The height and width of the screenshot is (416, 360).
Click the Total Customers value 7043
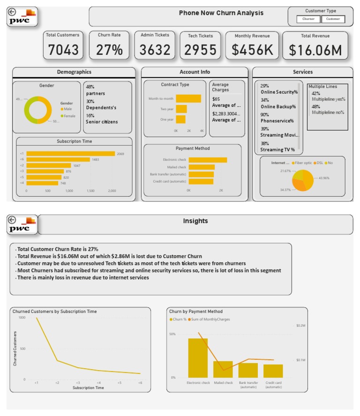point(63,50)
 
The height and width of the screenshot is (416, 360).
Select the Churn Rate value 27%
point(110,50)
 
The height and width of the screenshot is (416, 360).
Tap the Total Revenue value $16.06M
point(315,50)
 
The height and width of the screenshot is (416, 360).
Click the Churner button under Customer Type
point(308,19)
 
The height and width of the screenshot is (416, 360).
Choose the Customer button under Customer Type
point(333,19)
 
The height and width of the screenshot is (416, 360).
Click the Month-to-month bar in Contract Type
point(188,99)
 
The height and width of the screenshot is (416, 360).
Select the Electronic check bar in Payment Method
point(208,160)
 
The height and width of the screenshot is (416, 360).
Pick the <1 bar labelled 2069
point(70,154)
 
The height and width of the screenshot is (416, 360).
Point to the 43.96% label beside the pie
point(324,178)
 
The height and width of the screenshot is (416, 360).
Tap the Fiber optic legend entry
point(303,163)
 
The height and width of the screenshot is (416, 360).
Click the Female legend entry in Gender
point(68,116)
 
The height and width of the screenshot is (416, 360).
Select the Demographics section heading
point(74,72)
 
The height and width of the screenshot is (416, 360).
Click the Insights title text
point(195,221)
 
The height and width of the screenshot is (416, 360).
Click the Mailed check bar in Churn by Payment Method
point(223,369)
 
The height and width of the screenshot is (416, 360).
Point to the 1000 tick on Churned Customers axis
point(22,318)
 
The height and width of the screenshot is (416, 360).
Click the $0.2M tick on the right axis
point(300,325)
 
